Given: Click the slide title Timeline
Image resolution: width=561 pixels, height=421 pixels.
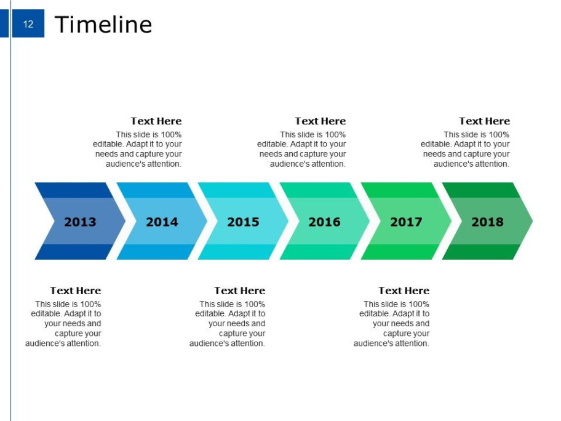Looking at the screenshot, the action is [103, 25].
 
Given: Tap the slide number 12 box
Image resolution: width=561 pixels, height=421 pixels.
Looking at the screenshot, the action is [28, 23].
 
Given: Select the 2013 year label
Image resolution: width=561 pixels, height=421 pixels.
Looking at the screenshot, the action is [80, 222].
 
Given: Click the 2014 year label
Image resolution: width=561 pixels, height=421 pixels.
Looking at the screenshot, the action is [162, 222].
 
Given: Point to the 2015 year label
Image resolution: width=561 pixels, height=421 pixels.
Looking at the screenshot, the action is [244, 222].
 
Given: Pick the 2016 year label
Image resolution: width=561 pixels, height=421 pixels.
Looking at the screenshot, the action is [325, 222].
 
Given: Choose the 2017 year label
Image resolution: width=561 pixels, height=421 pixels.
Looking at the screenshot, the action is [406, 222].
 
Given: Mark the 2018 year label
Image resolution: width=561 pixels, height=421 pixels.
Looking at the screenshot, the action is [487, 222].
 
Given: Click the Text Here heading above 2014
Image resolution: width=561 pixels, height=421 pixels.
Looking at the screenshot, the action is [156, 121].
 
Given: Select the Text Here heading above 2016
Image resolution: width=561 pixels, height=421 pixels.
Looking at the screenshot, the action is [320, 121].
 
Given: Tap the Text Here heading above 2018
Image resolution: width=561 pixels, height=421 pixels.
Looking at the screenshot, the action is [485, 121].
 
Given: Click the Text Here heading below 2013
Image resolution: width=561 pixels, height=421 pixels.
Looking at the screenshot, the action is [76, 291].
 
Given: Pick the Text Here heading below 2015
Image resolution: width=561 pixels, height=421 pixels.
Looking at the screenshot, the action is [240, 291].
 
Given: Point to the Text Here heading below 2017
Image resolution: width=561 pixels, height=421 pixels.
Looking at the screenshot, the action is [404, 291].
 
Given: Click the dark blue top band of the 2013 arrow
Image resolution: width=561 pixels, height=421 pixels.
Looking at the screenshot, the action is [74, 190].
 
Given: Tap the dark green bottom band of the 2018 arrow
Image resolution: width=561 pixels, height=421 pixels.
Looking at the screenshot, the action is [481, 252].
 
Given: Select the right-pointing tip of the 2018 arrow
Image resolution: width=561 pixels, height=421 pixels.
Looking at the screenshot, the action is [532, 221].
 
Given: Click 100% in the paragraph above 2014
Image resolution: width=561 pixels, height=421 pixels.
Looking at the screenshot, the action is [171, 135].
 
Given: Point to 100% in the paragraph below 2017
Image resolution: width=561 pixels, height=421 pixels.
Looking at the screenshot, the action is [419, 304].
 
